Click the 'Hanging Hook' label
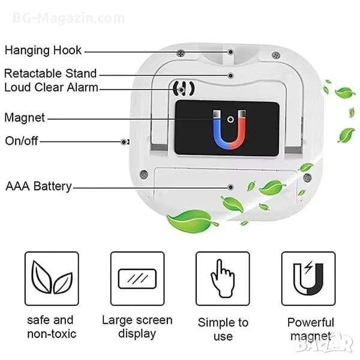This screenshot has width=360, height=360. (43, 50)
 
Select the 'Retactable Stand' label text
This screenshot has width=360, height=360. (50, 73)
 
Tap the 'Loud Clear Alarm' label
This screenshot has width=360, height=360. (51, 88)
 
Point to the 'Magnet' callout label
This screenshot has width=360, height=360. (25, 118)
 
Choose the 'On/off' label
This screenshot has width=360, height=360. (22, 141)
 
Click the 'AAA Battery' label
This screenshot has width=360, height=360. (38, 186)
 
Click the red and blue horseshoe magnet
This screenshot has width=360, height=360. (229, 130)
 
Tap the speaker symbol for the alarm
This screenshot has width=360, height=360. (184, 89)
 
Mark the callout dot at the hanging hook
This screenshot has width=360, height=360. (230, 52)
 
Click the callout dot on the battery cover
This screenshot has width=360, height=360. (230, 187)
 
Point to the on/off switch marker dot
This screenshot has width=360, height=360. (124, 142)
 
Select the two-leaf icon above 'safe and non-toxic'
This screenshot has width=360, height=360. (52, 277)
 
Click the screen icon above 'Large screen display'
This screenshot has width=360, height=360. (137, 279)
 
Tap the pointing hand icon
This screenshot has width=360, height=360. (223, 278)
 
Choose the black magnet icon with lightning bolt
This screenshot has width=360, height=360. (308, 278)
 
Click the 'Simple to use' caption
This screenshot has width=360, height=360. (223, 329)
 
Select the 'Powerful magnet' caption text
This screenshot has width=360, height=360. (310, 329)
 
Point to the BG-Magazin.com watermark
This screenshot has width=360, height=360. (68, 18)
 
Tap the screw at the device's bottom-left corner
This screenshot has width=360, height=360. (144, 175)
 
